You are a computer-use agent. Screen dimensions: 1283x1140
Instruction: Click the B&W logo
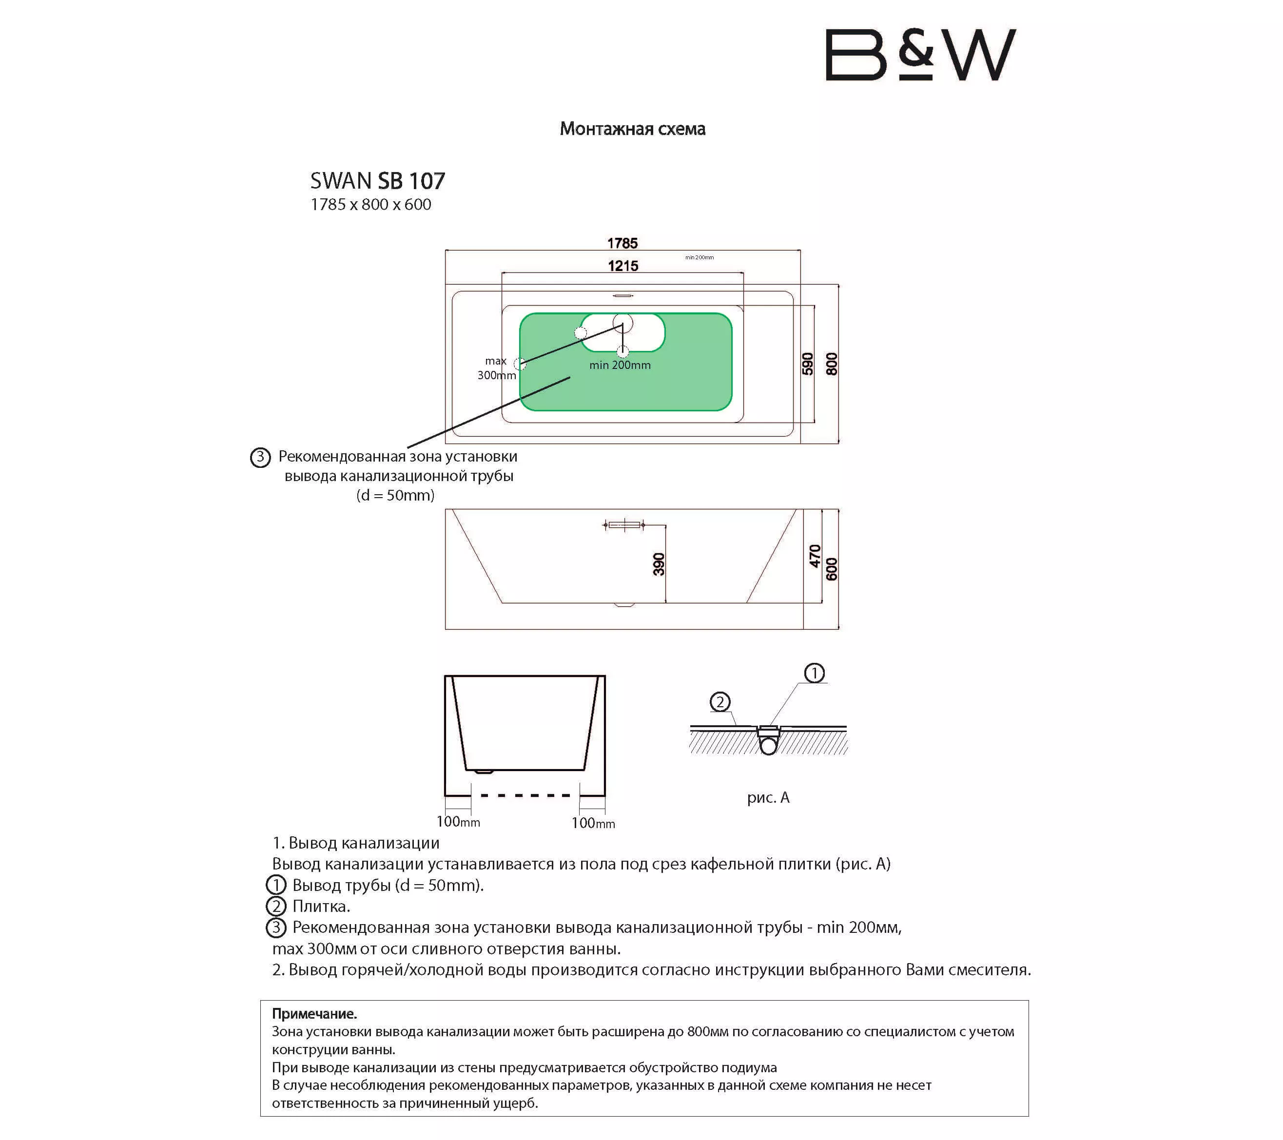920,55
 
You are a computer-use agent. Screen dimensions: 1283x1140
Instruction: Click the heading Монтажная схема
632,129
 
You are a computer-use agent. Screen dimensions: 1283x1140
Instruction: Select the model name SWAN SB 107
377,181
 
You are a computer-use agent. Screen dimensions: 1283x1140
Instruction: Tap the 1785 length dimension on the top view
622,243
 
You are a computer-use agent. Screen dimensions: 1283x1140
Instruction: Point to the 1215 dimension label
622,266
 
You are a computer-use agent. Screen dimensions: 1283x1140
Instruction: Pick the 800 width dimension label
832,364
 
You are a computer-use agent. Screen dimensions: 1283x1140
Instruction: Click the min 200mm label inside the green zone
620,365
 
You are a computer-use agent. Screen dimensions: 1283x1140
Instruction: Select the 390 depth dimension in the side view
659,564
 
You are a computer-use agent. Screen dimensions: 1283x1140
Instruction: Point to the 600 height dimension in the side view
832,569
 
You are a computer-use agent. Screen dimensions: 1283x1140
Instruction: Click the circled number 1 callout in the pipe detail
814,674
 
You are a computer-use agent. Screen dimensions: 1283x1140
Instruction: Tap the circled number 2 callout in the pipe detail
720,702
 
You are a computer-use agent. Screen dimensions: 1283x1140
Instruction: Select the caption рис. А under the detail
768,797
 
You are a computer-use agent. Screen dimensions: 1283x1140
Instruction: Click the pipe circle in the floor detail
768,746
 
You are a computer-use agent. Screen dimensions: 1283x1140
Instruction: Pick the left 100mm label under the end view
458,822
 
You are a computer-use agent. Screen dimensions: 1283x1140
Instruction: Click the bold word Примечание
314,1014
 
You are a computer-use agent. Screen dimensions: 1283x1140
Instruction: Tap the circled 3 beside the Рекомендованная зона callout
260,457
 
